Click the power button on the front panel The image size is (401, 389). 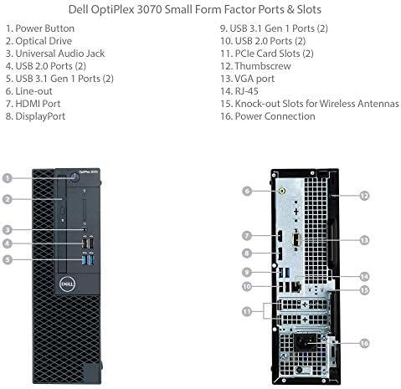tap(75, 177)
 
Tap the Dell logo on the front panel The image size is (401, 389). tap(67, 284)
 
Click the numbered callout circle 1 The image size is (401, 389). tap(8, 178)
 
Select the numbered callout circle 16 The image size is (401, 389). tap(364, 343)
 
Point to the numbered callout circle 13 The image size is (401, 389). tap(364, 240)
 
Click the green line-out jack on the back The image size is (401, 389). tap(282, 192)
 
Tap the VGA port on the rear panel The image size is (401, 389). tap(296, 240)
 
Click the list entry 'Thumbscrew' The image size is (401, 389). tap(255, 66)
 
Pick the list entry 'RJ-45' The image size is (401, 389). tap(239, 91)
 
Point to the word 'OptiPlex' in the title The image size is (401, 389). tap(112, 9)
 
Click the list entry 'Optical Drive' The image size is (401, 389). tap(39, 41)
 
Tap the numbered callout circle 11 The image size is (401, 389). tap(247, 311)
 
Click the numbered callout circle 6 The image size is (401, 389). tap(247, 192)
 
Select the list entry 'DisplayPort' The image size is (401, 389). tap(35, 116)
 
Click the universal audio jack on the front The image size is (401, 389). tap(85, 230)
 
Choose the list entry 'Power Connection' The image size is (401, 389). tap(268, 116)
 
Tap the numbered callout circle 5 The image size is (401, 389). tap(8, 259)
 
